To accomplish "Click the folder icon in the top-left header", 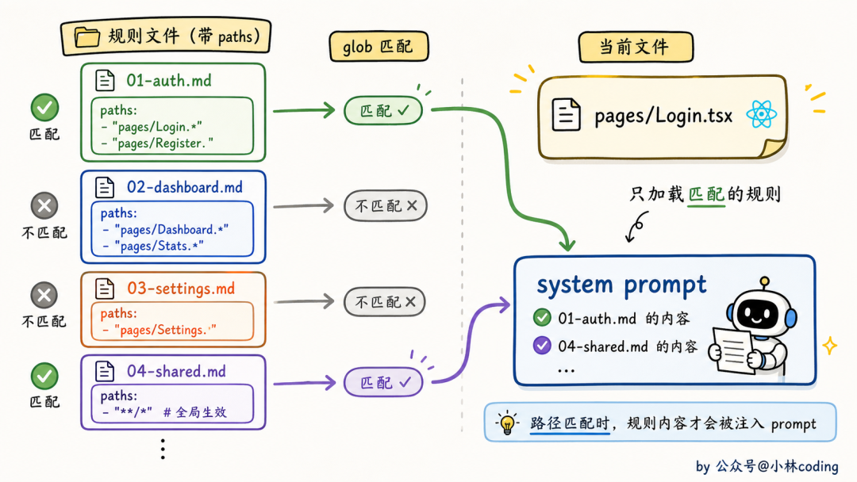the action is pyautogui.click(x=87, y=37).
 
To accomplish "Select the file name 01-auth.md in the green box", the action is pyautogui.click(x=169, y=81).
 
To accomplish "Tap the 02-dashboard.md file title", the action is pyautogui.click(x=185, y=187).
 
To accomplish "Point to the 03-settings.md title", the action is pyautogui.click(x=181, y=289).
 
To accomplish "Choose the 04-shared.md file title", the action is pyautogui.click(x=176, y=371).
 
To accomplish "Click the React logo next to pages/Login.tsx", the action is pyautogui.click(x=761, y=115).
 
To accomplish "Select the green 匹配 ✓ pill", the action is pyautogui.click(x=383, y=111).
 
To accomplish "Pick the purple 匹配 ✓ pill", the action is pyautogui.click(x=384, y=382).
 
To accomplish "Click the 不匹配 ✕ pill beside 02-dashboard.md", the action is pyautogui.click(x=386, y=206).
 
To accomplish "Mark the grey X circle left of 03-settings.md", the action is pyautogui.click(x=44, y=296).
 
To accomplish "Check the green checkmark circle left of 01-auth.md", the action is pyautogui.click(x=44, y=108).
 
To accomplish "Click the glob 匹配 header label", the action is pyautogui.click(x=379, y=47).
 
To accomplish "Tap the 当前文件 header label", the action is pyautogui.click(x=636, y=47).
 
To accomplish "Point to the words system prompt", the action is pyautogui.click(x=621, y=285).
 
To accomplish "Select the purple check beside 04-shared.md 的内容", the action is pyautogui.click(x=542, y=345).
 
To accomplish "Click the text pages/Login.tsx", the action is pyautogui.click(x=663, y=116).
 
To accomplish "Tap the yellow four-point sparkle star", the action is pyautogui.click(x=830, y=346).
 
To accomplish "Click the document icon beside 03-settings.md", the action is pyautogui.click(x=105, y=289).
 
